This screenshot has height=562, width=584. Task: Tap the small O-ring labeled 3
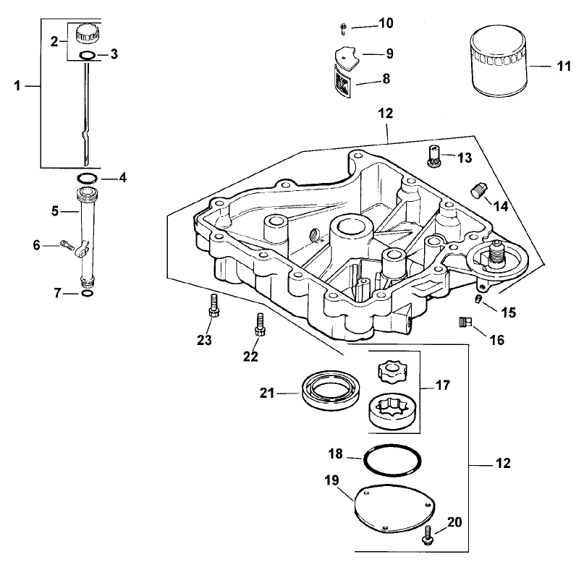(85, 56)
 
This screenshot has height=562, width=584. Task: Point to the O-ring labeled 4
(85, 177)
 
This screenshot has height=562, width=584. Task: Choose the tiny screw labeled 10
(342, 26)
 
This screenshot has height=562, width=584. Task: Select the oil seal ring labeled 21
(329, 391)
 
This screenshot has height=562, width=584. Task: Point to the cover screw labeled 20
(428, 536)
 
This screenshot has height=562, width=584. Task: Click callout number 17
(442, 386)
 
